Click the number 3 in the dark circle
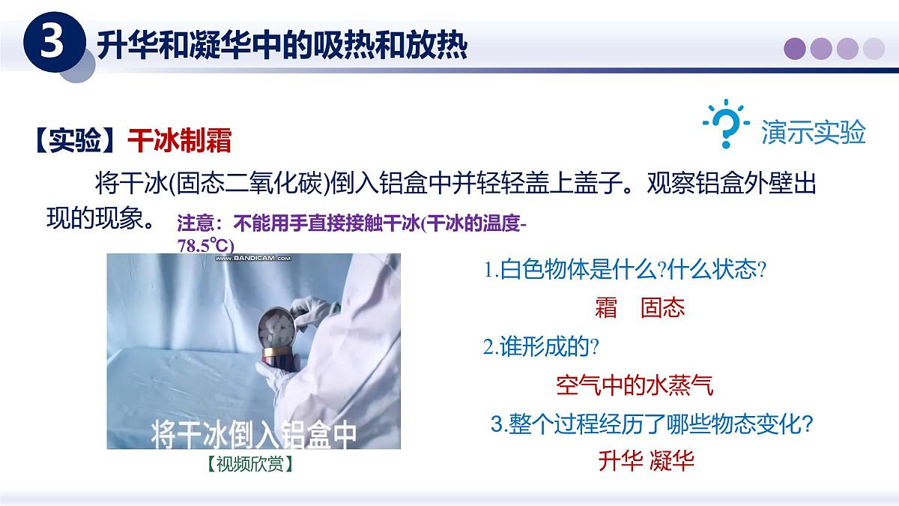click(x=52, y=43)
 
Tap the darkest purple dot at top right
click(x=795, y=49)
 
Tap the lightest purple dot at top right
click(x=874, y=49)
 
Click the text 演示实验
click(x=814, y=132)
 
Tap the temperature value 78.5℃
click(x=205, y=245)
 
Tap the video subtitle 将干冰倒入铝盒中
click(x=253, y=434)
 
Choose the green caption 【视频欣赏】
click(x=250, y=464)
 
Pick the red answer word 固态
click(x=663, y=308)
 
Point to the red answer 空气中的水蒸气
click(x=635, y=385)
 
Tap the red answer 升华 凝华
click(x=647, y=460)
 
